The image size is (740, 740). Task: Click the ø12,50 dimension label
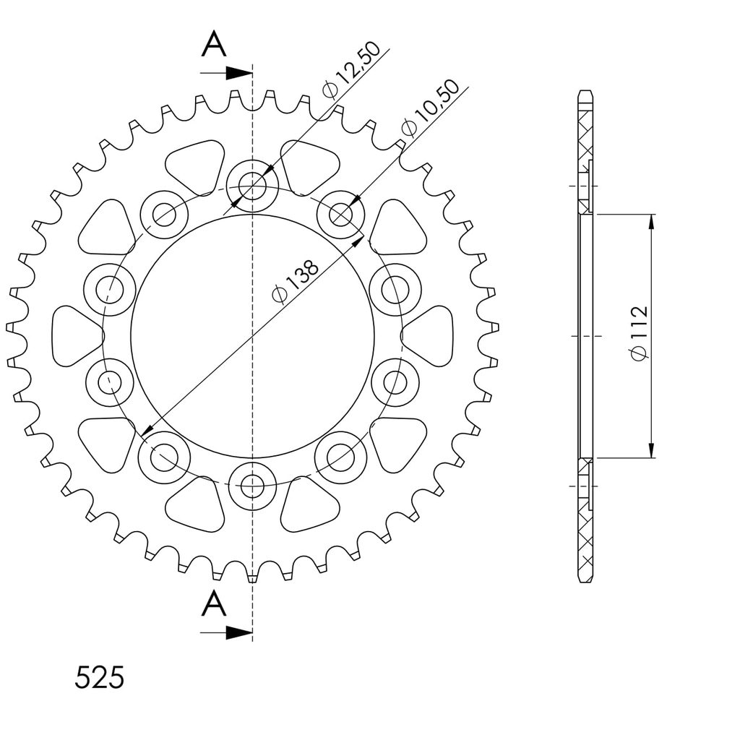click(x=351, y=70)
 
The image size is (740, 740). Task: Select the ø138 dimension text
click(x=296, y=282)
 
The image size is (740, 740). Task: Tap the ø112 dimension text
click(x=640, y=333)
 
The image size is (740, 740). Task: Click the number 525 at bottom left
click(x=100, y=678)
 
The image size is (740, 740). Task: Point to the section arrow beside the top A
click(x=226, y=73)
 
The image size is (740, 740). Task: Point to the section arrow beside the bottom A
click(x=226, y=633)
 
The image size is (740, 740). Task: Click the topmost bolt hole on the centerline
click(x=252, y=186)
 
